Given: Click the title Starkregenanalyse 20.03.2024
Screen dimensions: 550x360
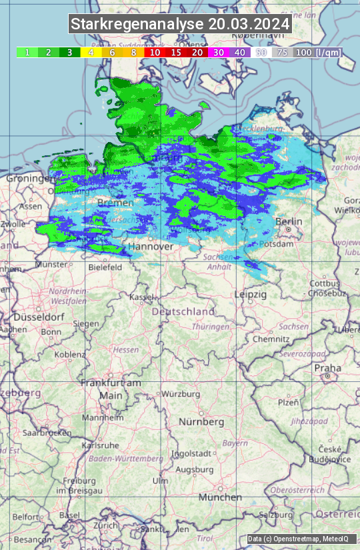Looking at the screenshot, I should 180,25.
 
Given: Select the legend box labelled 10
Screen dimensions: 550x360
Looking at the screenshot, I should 155,52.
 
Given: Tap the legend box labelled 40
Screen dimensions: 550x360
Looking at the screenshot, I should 240,52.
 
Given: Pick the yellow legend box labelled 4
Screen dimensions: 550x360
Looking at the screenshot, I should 91,52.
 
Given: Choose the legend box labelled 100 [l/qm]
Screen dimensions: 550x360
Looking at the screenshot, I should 317,52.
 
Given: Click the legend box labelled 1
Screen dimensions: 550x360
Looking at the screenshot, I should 27,52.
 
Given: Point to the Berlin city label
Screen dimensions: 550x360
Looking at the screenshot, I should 289,221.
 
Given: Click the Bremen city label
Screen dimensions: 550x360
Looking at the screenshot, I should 111,202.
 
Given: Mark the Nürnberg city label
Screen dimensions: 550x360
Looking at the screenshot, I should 201,422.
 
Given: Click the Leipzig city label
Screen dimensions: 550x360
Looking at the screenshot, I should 250,294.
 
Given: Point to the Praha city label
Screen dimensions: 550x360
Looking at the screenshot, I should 327,368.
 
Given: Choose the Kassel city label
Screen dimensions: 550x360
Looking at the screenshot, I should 142,297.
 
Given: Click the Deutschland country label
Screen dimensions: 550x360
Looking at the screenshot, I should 183,311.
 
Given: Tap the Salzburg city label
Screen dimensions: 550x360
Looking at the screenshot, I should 275,515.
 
